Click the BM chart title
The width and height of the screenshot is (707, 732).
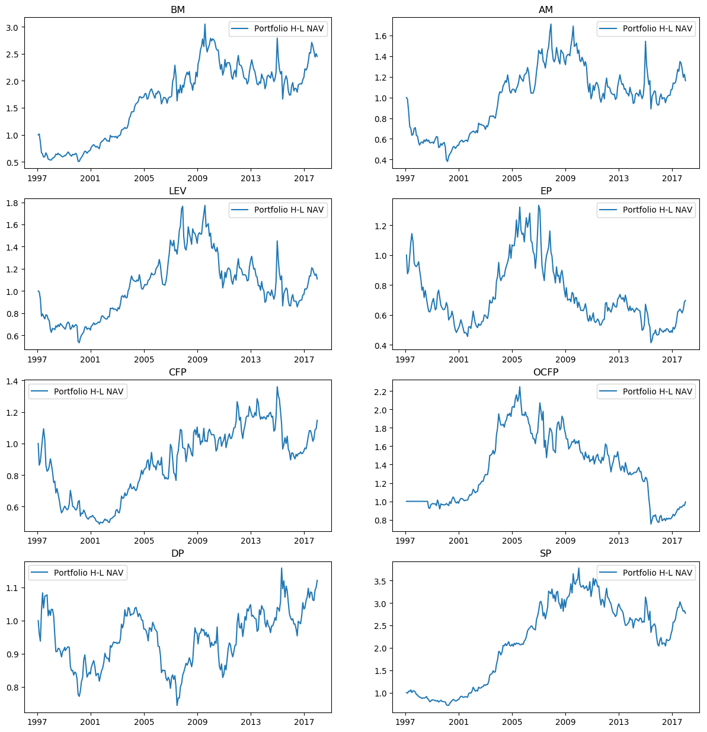177,9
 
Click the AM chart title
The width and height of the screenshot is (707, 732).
546,9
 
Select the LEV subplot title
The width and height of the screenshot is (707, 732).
177,191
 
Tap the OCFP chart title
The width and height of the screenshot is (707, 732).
546,372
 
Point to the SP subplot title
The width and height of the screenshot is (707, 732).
546,553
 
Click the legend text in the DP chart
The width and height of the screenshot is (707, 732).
88,573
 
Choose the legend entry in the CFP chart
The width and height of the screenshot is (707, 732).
88,391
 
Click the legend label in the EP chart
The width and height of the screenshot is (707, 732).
657,210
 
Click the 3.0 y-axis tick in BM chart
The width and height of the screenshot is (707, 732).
12,27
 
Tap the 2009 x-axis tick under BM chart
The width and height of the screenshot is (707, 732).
197,178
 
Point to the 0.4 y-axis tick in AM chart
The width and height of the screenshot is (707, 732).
380,160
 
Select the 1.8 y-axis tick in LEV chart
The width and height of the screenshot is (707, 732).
12,203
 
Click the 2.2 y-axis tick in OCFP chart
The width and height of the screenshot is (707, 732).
380,391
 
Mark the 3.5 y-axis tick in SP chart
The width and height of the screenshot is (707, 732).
380,582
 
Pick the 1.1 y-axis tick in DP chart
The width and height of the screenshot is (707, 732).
12,588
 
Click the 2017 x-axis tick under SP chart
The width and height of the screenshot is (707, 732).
672,722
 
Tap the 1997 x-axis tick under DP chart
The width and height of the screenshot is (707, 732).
37,722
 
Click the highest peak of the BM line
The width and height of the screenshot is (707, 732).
205,24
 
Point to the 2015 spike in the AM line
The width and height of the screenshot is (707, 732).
645,41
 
